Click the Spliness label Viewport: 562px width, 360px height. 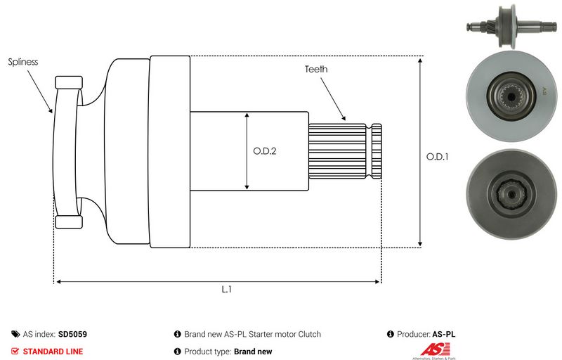coord(23,62)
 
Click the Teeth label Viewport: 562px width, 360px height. coord(316,70)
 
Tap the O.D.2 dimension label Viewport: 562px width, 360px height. coord(264,150)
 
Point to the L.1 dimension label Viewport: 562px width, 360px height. coord(226,290)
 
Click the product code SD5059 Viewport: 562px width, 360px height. coord(73,335)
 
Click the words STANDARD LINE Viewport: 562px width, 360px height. coord(53,351)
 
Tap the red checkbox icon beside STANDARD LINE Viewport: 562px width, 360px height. coord(15,351)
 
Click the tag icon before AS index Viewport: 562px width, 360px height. coord(15,335)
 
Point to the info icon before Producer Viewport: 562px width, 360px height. coord(391,335)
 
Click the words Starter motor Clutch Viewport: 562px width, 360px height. coord(287,335)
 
